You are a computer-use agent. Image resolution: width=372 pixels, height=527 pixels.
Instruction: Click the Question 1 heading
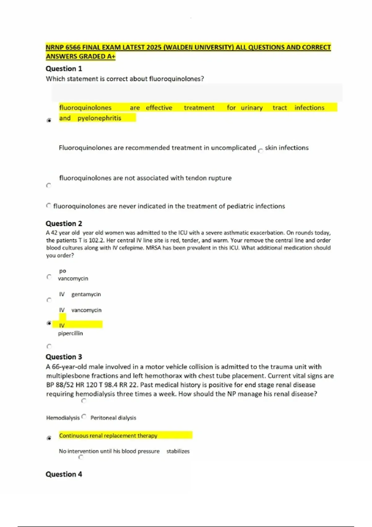click(64, 69)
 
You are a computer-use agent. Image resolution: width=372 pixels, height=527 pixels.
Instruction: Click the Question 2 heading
click(64, 224)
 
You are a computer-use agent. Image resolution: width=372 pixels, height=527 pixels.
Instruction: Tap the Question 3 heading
click(64, 357)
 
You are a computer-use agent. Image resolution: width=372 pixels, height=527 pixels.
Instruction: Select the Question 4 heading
click(64, 474)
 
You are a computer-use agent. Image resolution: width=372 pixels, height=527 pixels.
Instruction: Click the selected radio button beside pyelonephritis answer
click(49, 120)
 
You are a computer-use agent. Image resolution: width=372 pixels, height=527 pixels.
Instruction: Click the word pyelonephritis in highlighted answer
click(99, 118)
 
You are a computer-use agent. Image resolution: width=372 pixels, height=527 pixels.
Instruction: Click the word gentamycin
click(86, 294)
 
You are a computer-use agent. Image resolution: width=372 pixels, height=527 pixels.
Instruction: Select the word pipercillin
click(70, 333)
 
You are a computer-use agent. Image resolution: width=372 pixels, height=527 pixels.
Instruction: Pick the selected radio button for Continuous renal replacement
click(49, 438)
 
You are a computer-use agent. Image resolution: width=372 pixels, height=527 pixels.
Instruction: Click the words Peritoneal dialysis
click(113, 418)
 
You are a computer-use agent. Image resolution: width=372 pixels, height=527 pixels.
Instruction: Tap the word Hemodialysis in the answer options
click(63, 418)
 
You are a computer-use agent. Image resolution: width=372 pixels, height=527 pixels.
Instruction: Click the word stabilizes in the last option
click(178, 451)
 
